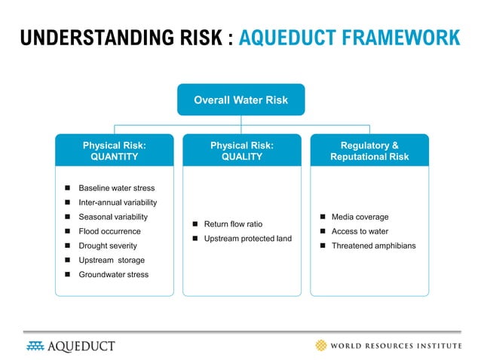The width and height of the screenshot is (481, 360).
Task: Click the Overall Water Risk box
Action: [240, 99]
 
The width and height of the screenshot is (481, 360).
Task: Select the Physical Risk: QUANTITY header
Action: [114, 151]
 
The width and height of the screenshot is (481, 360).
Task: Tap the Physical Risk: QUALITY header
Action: [241, 151]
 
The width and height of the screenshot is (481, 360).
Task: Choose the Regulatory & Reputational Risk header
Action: [369, 151]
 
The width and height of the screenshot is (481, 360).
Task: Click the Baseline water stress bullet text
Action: [116, 188]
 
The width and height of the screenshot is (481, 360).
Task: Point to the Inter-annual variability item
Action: [118, 203]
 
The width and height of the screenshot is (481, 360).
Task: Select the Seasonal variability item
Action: [113, 217]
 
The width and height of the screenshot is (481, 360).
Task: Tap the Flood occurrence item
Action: [109, 231]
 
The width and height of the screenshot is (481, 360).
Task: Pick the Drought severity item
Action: [109, 246]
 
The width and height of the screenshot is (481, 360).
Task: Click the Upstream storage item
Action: [112, 261]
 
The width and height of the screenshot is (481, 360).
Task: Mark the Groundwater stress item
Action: [113, 275]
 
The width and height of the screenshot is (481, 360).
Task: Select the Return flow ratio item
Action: [233, 224]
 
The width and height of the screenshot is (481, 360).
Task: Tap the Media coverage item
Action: [360, 217]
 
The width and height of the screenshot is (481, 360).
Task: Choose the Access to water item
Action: [360, 231]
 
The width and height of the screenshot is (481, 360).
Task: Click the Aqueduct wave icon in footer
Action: [35, 346]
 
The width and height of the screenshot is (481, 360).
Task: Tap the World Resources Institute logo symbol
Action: [323, 346]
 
